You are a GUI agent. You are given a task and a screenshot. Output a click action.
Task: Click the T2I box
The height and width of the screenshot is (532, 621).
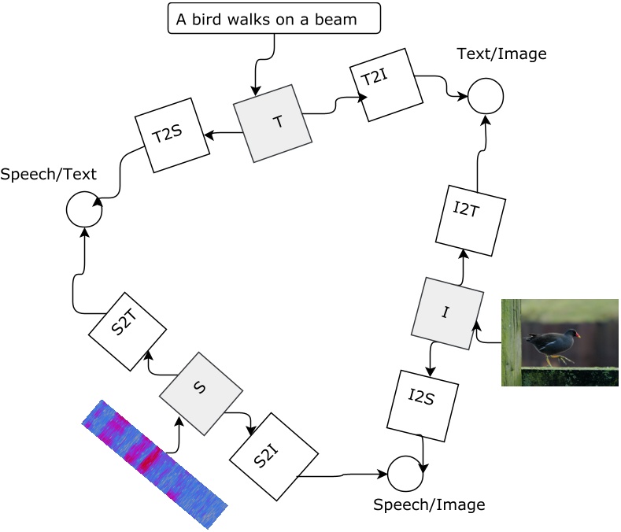click(386, 85)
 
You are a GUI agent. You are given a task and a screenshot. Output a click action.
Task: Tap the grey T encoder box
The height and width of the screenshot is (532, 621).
click(273, 123)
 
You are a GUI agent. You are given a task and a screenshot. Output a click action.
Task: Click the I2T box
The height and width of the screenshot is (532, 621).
click(470, 220)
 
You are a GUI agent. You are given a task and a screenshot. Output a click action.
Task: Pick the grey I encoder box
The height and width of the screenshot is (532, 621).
click(447, 313)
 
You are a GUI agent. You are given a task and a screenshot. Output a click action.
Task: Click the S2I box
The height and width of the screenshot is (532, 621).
click(273, 456)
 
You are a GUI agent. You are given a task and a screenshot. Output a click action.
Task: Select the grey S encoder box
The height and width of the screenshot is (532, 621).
click(201, 393)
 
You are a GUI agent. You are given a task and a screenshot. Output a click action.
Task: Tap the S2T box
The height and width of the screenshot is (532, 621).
click(127, 331)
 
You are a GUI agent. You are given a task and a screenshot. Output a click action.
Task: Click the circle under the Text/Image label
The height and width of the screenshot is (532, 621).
click(486, 96)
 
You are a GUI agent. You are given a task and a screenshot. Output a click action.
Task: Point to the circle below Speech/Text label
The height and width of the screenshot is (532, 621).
click(83, 210)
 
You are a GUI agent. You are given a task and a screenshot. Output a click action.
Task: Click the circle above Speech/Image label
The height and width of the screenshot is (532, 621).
click(405, 474)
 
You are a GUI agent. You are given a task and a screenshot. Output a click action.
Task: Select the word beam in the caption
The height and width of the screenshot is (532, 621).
click(338, 20)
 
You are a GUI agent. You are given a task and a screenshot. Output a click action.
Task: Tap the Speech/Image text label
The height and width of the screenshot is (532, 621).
click(429, 504)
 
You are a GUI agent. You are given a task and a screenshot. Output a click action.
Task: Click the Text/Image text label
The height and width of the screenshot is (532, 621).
click(501, 54)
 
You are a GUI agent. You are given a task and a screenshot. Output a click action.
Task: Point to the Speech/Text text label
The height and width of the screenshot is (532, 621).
click(48, 175)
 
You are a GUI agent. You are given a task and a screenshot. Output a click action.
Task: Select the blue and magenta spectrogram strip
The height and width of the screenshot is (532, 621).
click(154, 464)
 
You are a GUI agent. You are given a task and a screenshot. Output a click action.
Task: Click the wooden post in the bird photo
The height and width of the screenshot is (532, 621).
click(511, 342)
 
